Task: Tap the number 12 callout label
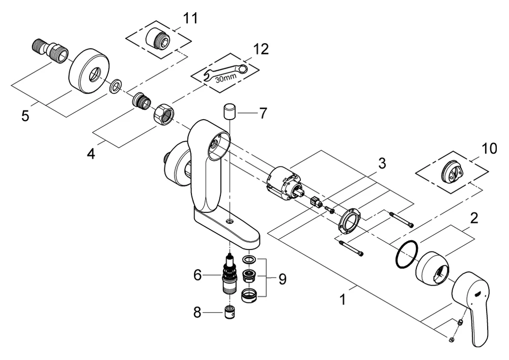point(261,49)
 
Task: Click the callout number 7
point(263,113)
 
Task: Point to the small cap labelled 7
point(229,110)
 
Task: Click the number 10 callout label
point(489,149)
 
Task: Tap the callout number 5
point(25,116)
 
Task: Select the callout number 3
point(382,164)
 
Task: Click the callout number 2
point(474,219)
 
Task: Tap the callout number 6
point(197,275)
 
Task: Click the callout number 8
point(197,312)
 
